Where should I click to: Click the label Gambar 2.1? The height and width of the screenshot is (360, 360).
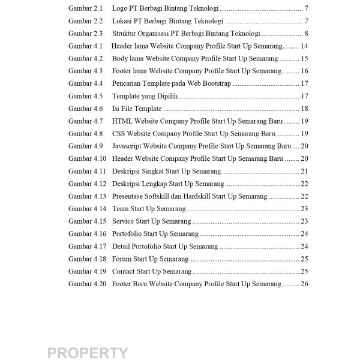(85, 8)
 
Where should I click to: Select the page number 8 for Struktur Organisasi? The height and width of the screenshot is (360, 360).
(306, 34)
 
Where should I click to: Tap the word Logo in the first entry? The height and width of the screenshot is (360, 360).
(119, 8)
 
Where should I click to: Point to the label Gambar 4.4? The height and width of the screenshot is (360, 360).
(85, 83)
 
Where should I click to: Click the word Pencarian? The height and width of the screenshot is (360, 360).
(126, 83)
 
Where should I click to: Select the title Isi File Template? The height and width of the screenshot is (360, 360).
(137, 109)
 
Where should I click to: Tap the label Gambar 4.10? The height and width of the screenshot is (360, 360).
(87, 158)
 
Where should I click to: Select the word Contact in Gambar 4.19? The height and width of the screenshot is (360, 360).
(124, 271)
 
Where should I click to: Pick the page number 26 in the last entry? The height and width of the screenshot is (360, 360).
(304, 284)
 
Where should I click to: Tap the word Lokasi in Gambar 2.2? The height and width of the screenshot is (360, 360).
(122, 21)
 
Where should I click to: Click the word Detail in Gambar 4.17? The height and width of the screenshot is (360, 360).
(121, 246)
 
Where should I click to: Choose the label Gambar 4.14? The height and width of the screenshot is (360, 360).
(87, 209)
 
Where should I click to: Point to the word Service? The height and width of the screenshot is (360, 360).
(124, 221)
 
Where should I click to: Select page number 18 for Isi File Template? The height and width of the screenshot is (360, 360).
(304, 109)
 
